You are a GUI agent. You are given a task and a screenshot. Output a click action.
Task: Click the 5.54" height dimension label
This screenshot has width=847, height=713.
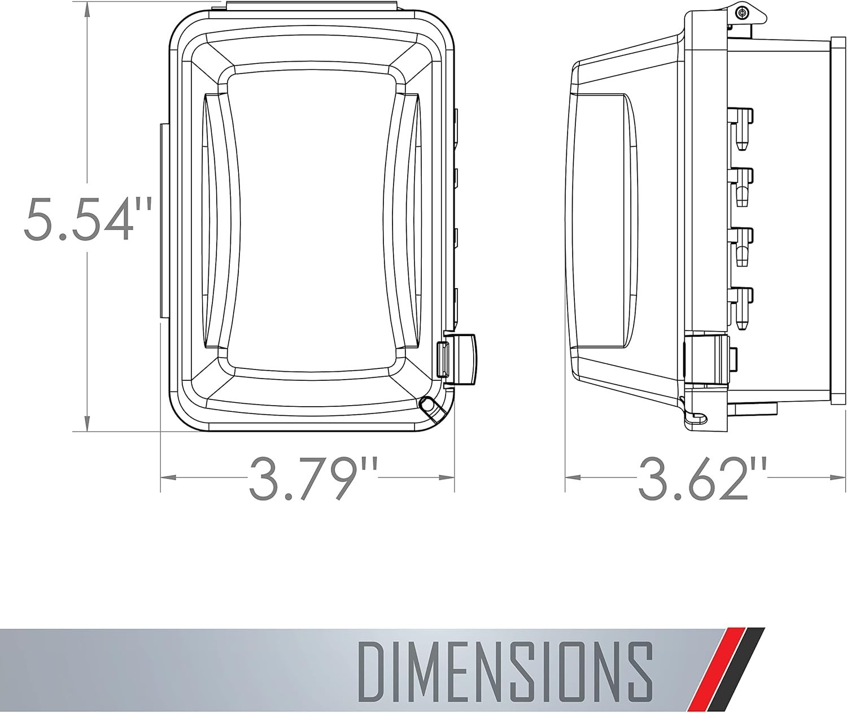(x=88, y=219)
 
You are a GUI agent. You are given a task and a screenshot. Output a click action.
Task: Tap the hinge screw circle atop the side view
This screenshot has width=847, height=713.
(x=742, y=12)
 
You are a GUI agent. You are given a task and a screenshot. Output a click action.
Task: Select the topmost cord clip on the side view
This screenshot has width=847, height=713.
(x=741, y=128)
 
